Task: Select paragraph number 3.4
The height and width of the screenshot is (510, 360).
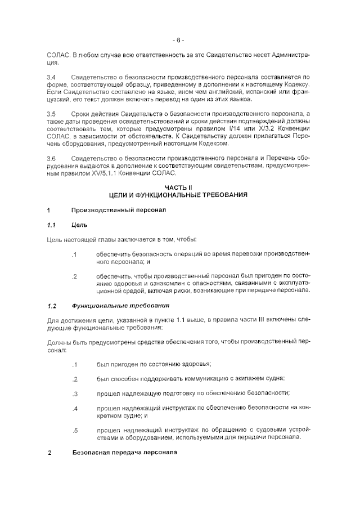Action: (51, 75)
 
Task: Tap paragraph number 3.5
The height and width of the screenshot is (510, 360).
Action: (51, 113)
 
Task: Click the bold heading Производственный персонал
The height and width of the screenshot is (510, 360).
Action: (118, 210)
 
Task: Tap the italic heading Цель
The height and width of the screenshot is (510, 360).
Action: (80, 225)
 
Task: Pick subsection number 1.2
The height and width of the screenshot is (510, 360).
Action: (52, 306)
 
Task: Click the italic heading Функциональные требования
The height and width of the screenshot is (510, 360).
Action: (121, 306)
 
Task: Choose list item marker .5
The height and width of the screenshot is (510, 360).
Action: (75, 431)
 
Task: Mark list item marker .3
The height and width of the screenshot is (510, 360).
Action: (75, 393)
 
